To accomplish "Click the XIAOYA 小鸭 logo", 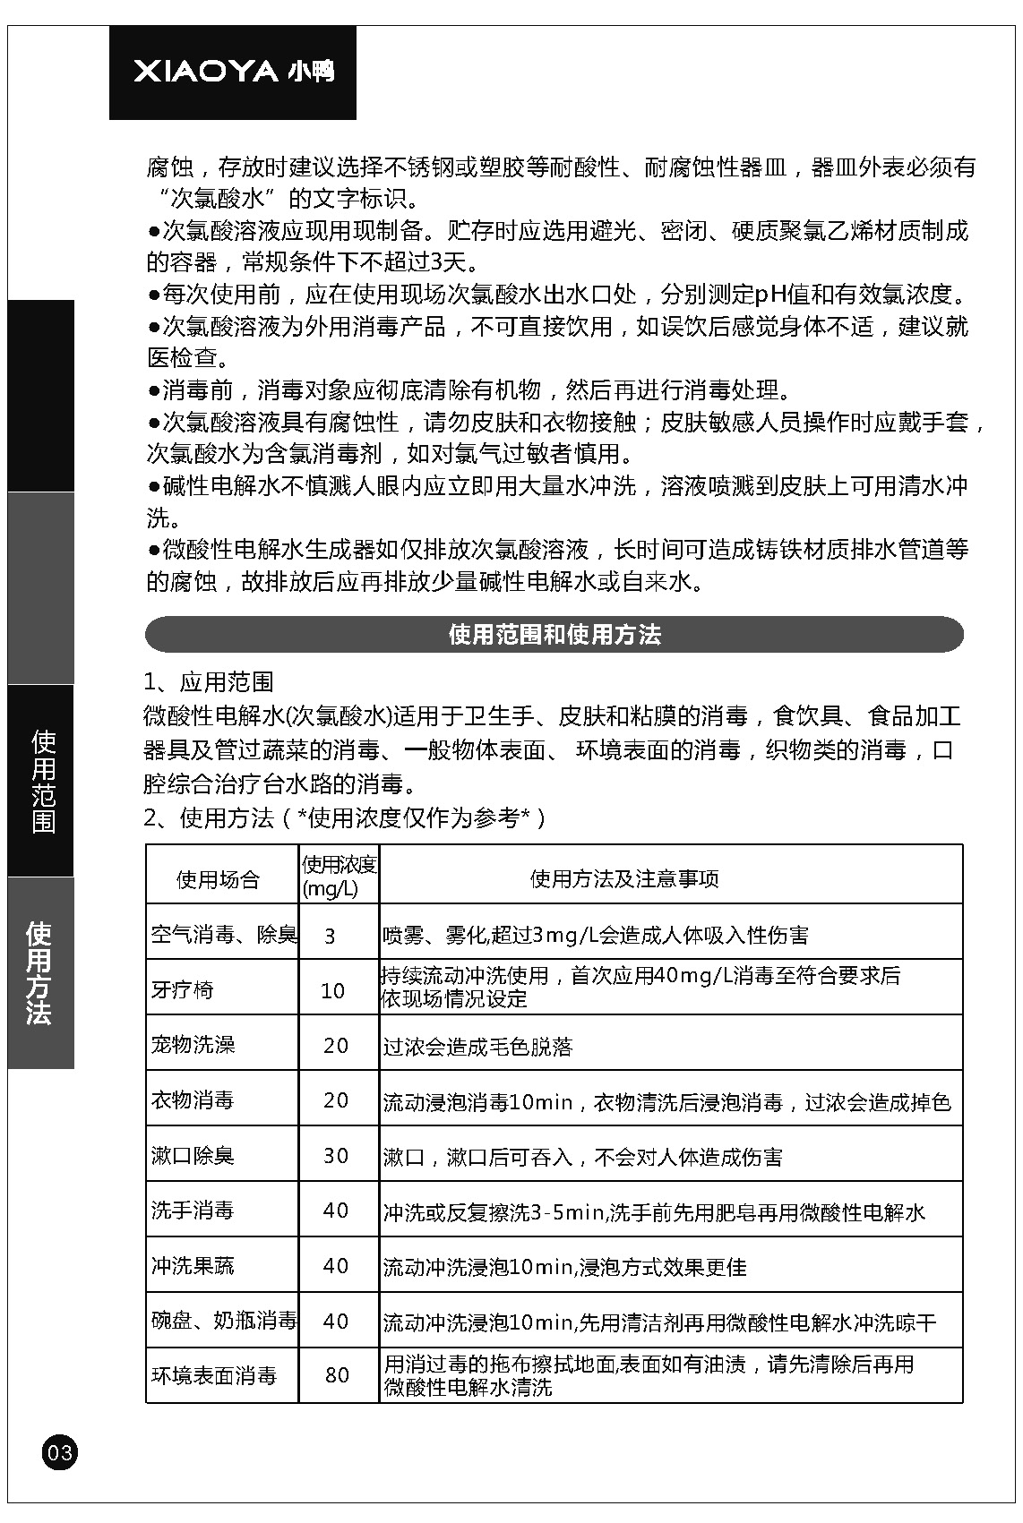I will tap(233, 72).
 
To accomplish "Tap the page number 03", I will tap(59, 1451).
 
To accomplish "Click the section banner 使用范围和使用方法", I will tap(554, 635).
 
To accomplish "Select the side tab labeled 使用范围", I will tap(42, 781).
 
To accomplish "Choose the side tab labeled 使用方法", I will tap(40, 973).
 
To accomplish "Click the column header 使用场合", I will tap(218, 879).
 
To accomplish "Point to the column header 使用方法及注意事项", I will tap(624, 879).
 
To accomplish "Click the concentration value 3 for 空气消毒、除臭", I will tap(330, 937).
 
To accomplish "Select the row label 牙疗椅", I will tap(183, 990).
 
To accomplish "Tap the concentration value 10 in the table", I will tap(332, 991).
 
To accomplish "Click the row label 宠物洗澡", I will tap(193, 1045).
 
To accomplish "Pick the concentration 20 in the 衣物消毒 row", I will tap(336, 1100).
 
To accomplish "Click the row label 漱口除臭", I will tap(193, 1156).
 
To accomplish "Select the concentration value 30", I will tap(336, 1156).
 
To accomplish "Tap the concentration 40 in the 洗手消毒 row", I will tap(336, 1211).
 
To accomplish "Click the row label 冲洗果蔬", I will tap(193, 1266).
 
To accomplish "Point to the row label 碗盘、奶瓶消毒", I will tap(223, 1321).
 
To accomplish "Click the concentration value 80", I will tap(337, 1375).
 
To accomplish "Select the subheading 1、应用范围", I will tap(209, 682).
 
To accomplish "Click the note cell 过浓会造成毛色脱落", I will tap(477, 1047).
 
